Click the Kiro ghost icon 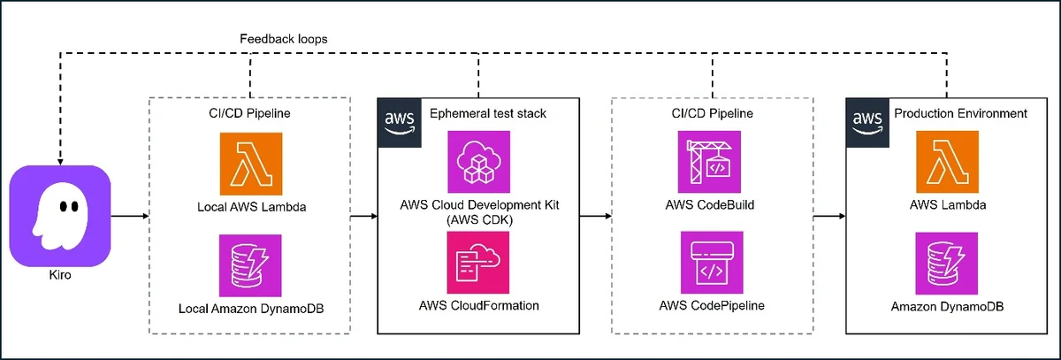pos(60,216)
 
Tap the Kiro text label pos(60,275)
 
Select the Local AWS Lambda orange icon pos(251,164)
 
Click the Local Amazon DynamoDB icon pos(250,265)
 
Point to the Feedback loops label pos(283,39)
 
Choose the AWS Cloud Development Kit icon pos(479,162)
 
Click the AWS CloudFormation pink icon pos(478,263)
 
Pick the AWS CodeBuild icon pos(709,162)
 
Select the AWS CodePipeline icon pos(712,263)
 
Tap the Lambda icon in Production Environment pos(947,162)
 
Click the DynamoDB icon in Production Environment pos(946,264)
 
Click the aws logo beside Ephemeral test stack pos(400,123)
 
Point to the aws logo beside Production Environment pos(867,123)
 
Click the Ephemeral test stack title pos(488,114)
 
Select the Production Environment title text pos(960,114)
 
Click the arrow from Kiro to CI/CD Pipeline pos(130,217)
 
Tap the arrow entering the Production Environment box pos(829,217)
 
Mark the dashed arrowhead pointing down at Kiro pos(60,162)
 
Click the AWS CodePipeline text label pos(712,305)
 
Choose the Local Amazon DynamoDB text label pos(251,309)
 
